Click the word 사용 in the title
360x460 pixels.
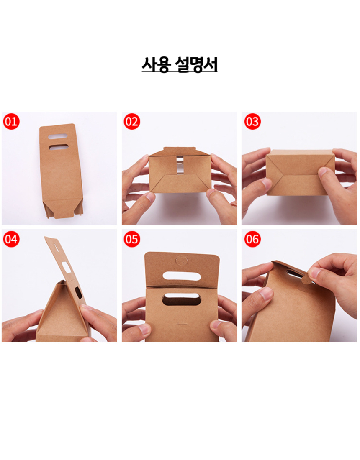coord(156,64)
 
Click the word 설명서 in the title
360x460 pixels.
coord(196,64)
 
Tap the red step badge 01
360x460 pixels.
coord(11,121)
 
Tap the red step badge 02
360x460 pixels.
coord(131,121)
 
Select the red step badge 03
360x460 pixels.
coord(252,121)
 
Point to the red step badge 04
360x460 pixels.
coord(11,239)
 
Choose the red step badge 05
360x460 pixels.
coord(131,239)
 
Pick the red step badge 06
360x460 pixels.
coord(252,239)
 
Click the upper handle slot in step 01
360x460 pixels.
coord(57,136)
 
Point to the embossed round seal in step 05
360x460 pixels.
coord(181,260)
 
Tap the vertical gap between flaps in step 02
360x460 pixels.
coord(180,165)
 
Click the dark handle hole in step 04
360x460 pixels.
coord(78,293)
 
